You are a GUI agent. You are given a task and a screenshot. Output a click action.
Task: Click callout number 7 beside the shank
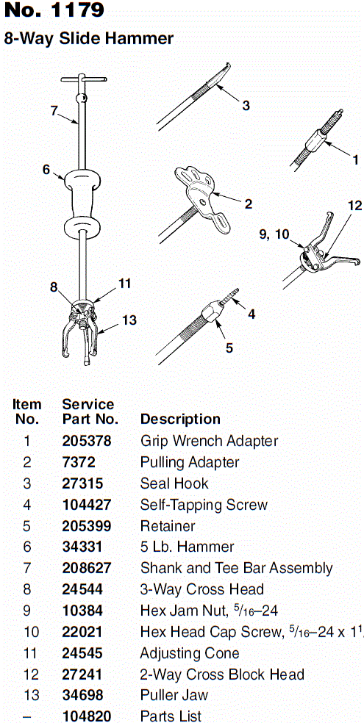click(54, 111)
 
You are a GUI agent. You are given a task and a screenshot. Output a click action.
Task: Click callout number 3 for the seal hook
click(246, 106)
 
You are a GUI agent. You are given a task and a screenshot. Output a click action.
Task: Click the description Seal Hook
click(174, 483)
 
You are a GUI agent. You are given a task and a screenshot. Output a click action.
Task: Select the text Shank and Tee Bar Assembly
click(236, 568)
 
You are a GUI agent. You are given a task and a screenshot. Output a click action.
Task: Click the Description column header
click(180, 419)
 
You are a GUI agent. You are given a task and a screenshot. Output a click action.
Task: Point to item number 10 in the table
click(27, 632)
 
